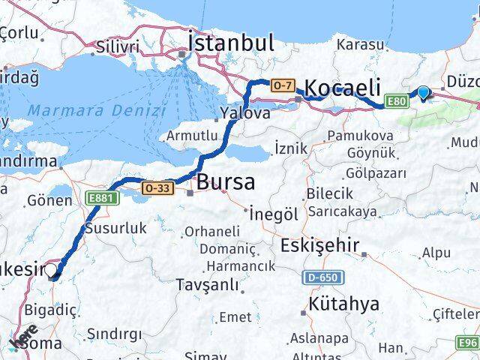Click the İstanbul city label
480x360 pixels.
pos(231,42)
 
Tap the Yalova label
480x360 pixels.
pos(244,114)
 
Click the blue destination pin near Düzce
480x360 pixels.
pos(424,93)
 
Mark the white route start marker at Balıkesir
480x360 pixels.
pos(52,273)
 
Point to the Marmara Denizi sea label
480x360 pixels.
pos(96,110)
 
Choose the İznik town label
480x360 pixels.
pos(291,148)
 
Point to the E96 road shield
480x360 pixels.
pos(467,342)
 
